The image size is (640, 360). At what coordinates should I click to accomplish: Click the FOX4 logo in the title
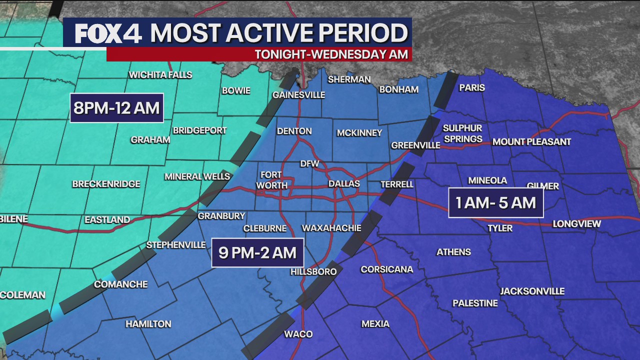tap(108, 33)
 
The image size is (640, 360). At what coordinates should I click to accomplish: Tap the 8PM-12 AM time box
tap(116, 108)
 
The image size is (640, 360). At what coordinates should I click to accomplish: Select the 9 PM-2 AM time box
tap(257, 252)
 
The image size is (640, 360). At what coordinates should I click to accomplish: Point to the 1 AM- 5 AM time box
tap(495, 202)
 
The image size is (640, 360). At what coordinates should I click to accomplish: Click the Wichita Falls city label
tap(160, 75)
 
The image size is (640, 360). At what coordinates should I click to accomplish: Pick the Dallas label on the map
tap(344, 184)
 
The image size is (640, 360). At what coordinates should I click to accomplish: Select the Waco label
tap(298, 334)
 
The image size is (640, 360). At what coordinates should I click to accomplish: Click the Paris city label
tap(472, 87)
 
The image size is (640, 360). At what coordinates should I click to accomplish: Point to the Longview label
tap(576, 224)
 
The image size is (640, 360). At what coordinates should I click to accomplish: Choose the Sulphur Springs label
tap(462, 133)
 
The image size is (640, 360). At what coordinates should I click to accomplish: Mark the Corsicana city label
tap(387, 269)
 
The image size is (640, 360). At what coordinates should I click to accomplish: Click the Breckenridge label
tap(106, 184)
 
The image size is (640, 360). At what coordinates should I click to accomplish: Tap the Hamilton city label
tap(148, 324)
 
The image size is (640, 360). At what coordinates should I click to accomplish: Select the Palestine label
tap(475, 303)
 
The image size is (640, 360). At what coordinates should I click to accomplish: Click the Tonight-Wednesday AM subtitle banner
tap(331, 54)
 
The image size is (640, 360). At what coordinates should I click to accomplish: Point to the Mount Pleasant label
tap(531, 142)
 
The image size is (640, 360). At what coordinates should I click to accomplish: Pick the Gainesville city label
tap(298, 95)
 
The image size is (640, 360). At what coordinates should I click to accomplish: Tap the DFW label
tap(309, 163)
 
